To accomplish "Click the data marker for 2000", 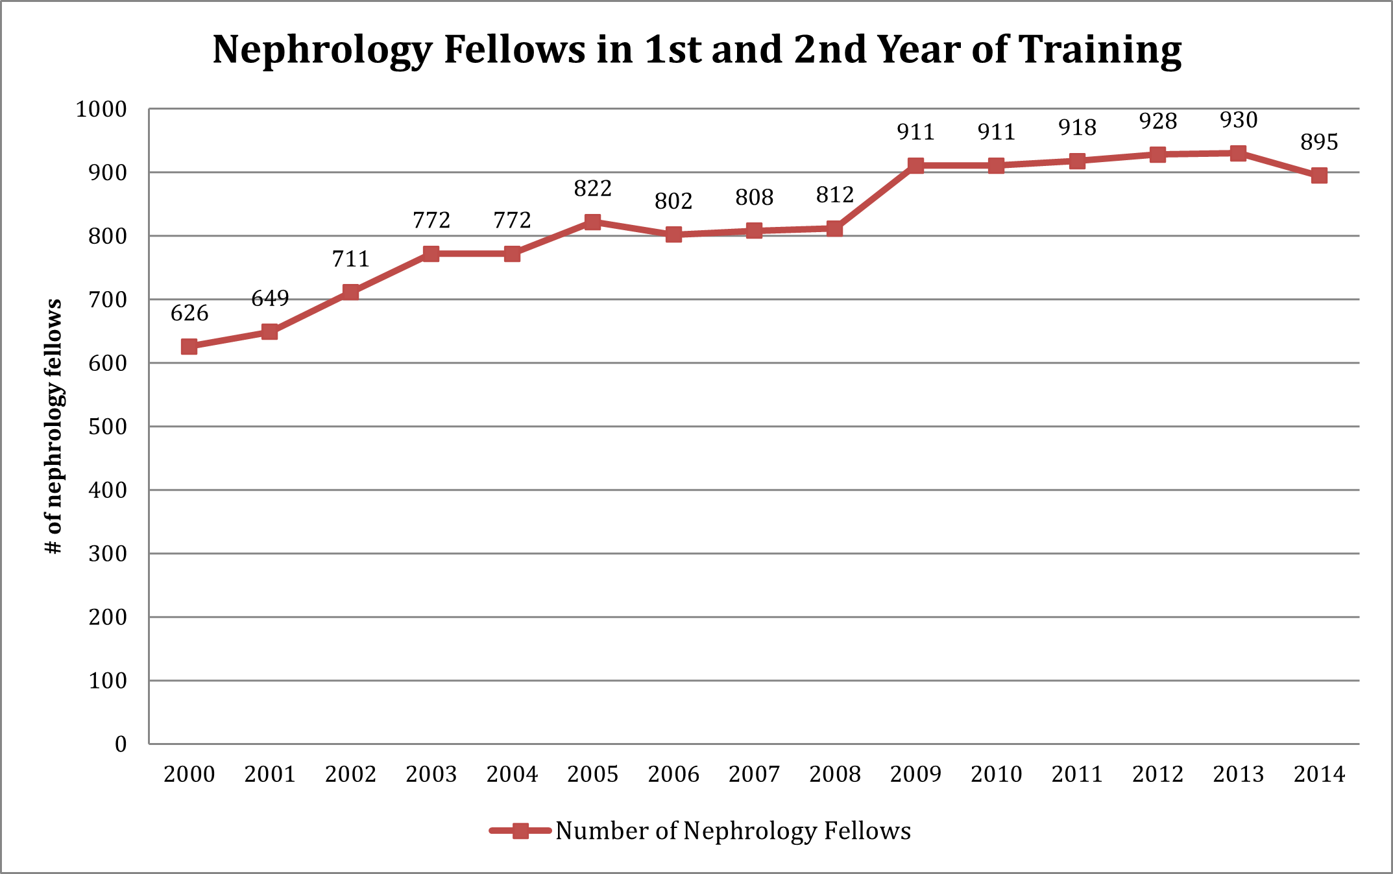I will click(x=189, y=347).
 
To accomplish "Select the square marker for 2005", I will click(x=592, y=222).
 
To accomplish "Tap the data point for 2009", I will click(x=915, y=166).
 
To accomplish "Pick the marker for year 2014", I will click(x=1319, y=176).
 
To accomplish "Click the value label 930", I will click(x=1239, y=121).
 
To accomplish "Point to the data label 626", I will click(x=189, y=314).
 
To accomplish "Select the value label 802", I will click(x=673, y=202).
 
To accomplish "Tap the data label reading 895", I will click(x=1319, y=143).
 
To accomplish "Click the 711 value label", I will click(x=350, y=259).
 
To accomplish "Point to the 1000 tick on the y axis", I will click(x=101, y=110).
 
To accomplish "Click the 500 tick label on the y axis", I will click(x=108, y=427).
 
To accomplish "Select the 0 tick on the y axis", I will click(x=121, y=744).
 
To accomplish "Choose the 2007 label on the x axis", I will click(x=754, y=774).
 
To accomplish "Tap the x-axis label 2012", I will click(x=1157, y=774).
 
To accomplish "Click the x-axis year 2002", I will click(x=350, y=774).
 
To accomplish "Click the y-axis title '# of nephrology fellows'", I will click(x=54, y=427).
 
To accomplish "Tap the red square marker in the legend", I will click(x=520, y=831).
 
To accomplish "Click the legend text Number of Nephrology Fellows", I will click(x=733, y=831).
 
